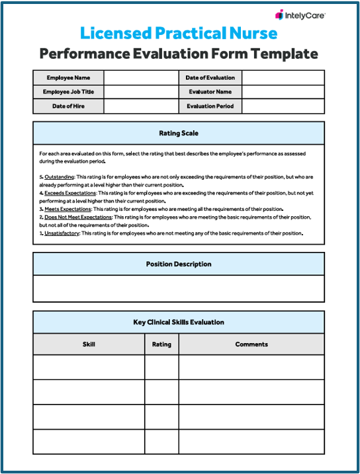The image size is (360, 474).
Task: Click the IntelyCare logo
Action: click(300, 15)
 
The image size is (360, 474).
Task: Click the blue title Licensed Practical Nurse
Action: click(179, 33)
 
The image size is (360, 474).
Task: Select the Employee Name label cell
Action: click(68, 78)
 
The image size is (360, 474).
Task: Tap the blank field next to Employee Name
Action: click(140, 78)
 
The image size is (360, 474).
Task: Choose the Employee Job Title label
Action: click(68, 92)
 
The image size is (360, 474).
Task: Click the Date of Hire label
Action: click(68, 106)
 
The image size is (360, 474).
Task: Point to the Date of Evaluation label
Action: click(210, 78)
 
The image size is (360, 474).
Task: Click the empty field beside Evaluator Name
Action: click(283, 92)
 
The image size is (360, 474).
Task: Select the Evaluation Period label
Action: click(210, 106)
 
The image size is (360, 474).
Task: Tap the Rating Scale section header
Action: click(179, 134)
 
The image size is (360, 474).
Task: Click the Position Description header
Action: click(179, 264)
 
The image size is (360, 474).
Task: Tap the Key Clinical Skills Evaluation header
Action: click(179, 323)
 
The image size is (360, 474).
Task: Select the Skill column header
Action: click(89, 344)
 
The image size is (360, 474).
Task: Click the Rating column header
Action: click(161, 344)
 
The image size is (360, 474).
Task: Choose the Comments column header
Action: click(251, 344)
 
